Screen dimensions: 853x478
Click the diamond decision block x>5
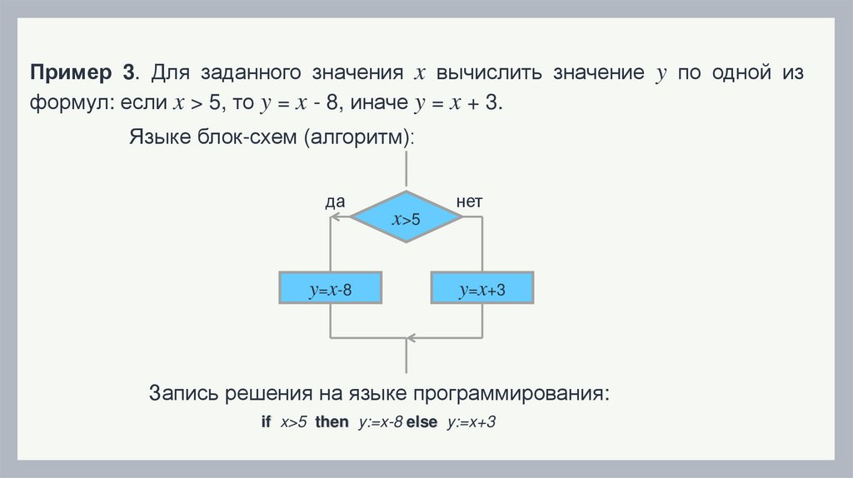click(406, 218)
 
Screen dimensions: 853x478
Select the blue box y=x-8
click(331, 291)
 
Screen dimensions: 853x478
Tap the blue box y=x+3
click(482, 291)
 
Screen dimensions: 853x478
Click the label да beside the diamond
click(335, 202)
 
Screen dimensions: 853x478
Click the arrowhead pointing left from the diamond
click(335, 217)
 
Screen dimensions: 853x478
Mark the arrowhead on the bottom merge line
click(408, 339)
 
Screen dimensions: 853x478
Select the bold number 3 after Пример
click(129, 72)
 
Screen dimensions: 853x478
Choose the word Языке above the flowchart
click(159, 137)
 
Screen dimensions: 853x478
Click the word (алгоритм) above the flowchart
click(359, 137)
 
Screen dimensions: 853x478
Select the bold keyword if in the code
click(266, 422)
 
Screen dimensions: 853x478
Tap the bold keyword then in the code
click(332, 422)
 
